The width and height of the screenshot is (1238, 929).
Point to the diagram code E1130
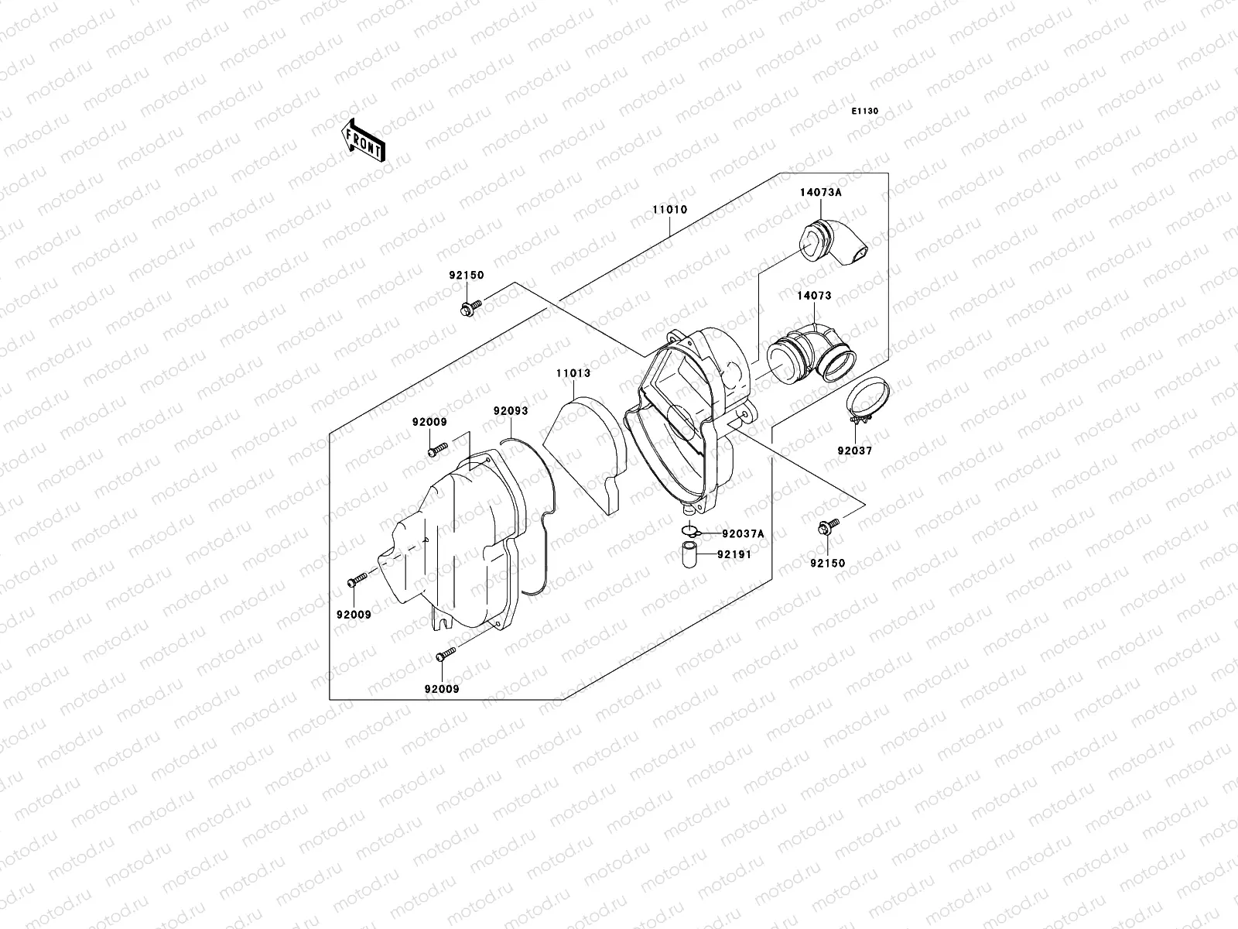pos(865,111)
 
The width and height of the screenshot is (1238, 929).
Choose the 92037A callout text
pos(743,533)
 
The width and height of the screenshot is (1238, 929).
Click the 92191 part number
pos(734,554)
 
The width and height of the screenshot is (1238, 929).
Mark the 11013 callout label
pos(573,373)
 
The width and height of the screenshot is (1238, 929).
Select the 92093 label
pos(511,410)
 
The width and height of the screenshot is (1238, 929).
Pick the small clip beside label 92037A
pos(690,532)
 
